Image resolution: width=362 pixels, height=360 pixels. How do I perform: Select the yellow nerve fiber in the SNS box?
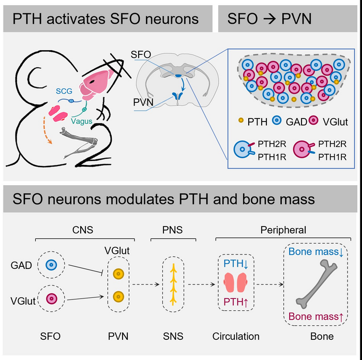[x=173, y=282]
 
